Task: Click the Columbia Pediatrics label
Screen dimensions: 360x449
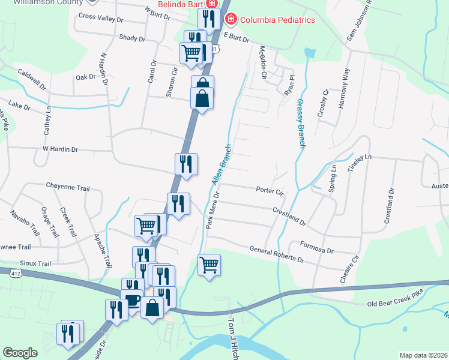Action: coord(277,20)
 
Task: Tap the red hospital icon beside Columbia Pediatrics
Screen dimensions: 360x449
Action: coord(230,20)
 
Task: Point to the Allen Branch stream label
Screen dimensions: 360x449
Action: coord(220,164)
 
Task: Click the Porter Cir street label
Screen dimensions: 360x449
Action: coord(269,191)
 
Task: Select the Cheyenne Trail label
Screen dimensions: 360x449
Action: coord(68,187)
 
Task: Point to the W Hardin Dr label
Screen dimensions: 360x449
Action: coord(60,148)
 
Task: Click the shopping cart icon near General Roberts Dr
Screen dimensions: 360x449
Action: coord(209,263)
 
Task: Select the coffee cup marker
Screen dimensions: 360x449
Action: coord(132,299)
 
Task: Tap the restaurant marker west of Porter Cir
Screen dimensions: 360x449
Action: coord(178,202)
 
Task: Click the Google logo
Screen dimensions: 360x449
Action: coord(20,352)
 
